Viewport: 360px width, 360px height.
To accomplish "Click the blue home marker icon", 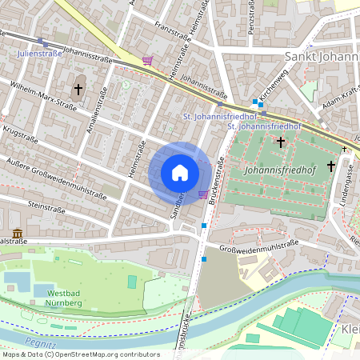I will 180,173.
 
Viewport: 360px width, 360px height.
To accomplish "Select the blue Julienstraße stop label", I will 40,54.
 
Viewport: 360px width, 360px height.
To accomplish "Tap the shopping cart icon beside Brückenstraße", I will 203,194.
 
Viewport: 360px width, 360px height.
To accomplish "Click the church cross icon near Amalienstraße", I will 78,88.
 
